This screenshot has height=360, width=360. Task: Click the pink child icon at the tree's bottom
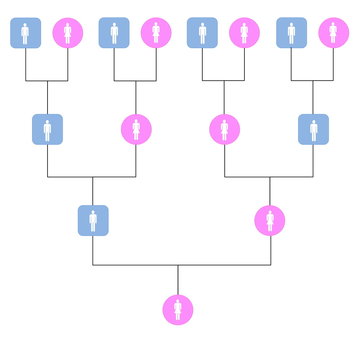click(178, 309)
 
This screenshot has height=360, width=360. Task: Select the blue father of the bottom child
click(93, 219)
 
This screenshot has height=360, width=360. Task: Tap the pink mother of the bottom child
click(270, 219)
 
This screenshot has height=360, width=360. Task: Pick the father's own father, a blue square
click(47, 130)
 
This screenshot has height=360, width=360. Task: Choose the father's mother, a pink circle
click(136, 130)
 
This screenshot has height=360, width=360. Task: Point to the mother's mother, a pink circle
click(224, 130)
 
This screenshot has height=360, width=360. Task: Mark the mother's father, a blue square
click(313, 130)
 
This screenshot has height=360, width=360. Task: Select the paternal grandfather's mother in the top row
click(68, 34)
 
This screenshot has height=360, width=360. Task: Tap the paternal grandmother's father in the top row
click(114, 34)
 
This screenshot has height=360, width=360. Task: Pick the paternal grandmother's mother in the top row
click(156, 34)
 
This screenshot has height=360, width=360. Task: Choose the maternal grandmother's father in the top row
click(203, 34)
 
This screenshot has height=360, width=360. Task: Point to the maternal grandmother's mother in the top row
click(245, 34)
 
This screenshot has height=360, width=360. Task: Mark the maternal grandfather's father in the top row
click(291, 34)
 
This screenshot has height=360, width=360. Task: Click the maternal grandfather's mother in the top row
click(334, 34)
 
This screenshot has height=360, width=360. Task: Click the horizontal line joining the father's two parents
click(70, 177)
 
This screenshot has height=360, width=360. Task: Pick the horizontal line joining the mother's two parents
click(290, 177)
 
